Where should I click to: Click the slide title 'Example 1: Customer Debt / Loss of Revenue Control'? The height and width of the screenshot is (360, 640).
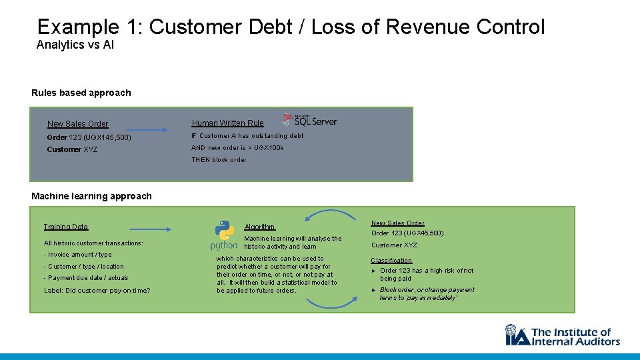(291, 27)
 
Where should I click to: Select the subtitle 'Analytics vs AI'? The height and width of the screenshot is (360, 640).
(75, 45)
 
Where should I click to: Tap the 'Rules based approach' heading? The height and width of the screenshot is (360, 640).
(81, 93)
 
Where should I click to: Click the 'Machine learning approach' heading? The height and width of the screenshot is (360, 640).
(91, 196)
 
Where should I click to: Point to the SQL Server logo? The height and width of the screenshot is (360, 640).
(310, 120)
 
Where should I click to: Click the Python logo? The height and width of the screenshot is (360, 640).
(224, 235)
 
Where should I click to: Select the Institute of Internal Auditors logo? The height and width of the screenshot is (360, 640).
(562, 335)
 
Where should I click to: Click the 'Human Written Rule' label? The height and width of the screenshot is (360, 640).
(227, 123)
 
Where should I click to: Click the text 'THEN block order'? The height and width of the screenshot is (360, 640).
(219, 160)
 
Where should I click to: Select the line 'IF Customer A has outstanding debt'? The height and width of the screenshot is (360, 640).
(247, 136)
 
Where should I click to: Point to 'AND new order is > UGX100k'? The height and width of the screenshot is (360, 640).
(237, 148)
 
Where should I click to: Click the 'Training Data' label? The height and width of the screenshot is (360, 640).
(65, 227)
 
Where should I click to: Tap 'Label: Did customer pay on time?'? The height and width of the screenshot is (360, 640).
(97, 290)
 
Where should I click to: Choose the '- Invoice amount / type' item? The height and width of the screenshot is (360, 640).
(77, 255)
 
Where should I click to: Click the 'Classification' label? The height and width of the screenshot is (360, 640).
(391, 261)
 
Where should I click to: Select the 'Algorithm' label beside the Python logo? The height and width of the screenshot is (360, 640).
(259, 227)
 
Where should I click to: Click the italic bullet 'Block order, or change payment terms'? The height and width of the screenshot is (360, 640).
(427, 294)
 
